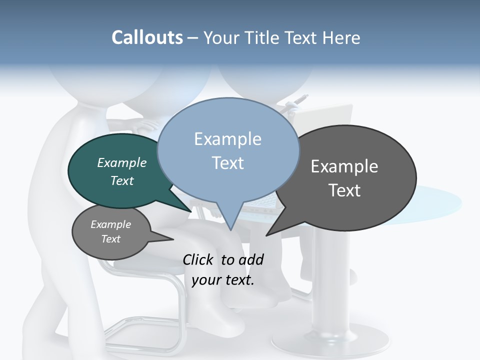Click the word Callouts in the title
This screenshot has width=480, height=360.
point(147,37)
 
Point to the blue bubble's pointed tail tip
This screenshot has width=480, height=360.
point(230,230)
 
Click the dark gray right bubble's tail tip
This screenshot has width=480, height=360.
point(267,235)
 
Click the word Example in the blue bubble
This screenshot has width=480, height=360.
point(228,139)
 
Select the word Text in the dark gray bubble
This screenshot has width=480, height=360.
point(344,190)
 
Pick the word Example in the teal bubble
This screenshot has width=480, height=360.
point(122,162)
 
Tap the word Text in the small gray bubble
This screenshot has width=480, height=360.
point(111,239)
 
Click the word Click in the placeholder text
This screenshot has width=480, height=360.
point(198,259)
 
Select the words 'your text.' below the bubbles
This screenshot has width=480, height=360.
point(223,280)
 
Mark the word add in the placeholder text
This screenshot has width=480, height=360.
point(251,259)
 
